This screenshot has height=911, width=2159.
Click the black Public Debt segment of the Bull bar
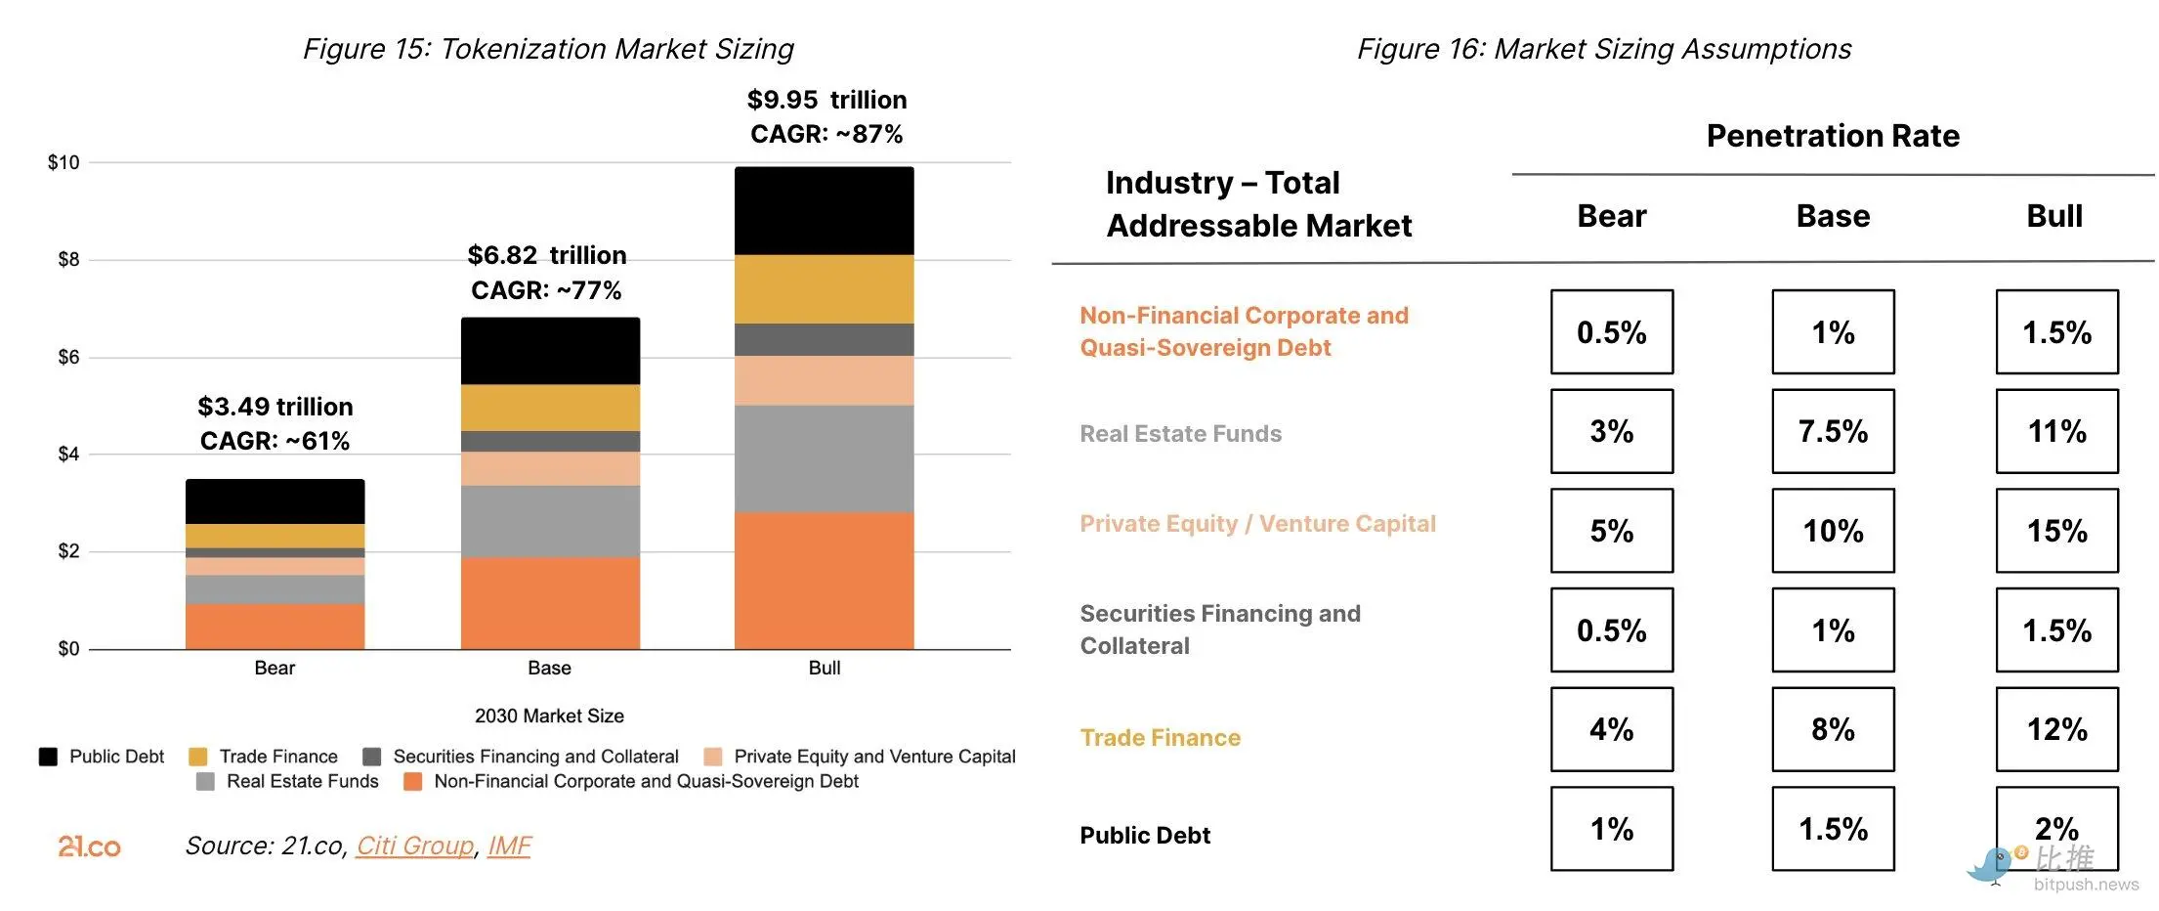(824, 211)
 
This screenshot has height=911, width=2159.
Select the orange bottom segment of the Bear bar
(275, 627)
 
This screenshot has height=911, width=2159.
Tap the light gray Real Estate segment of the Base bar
(550, 521)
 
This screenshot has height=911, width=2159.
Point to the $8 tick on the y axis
(68, 260)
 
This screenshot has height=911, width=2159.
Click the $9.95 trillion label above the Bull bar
(826, 100)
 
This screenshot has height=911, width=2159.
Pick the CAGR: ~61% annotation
(275, 441)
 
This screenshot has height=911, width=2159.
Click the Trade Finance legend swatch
(197, 757)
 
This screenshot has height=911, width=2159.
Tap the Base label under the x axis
(549, 669)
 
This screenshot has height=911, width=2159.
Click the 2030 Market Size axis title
(549, 716)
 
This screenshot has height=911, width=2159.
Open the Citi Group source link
(414, 846)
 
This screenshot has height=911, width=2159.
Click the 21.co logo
(89, 846)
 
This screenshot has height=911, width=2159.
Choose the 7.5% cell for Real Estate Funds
(1833, 431)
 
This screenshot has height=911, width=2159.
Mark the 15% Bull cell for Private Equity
(2056, 531)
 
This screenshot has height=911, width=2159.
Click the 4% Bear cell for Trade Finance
(1611, 729)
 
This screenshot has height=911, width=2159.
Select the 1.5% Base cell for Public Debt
(1833, 829)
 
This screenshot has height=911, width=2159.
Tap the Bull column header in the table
(2054, 216)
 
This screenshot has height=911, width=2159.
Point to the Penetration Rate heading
(1833, 136)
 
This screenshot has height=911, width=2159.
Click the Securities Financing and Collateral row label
(1219, 629)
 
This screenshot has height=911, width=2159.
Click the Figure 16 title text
(1603, 49)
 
